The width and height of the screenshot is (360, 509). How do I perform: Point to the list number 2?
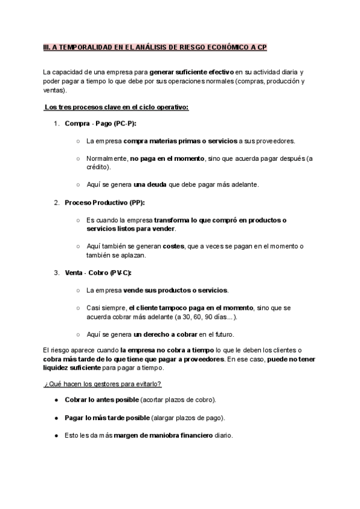coord(56,202)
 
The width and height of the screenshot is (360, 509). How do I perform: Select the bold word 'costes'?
coord(173,246)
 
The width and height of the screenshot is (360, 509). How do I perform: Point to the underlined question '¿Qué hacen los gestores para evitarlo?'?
coord(102,384)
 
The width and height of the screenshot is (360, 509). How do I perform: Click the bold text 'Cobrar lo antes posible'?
coord(101,400)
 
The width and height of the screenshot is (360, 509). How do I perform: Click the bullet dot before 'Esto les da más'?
coord(56,435)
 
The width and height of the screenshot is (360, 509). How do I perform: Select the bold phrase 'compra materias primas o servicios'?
coord(180,141)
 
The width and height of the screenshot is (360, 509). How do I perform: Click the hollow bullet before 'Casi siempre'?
coord(79,308)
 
